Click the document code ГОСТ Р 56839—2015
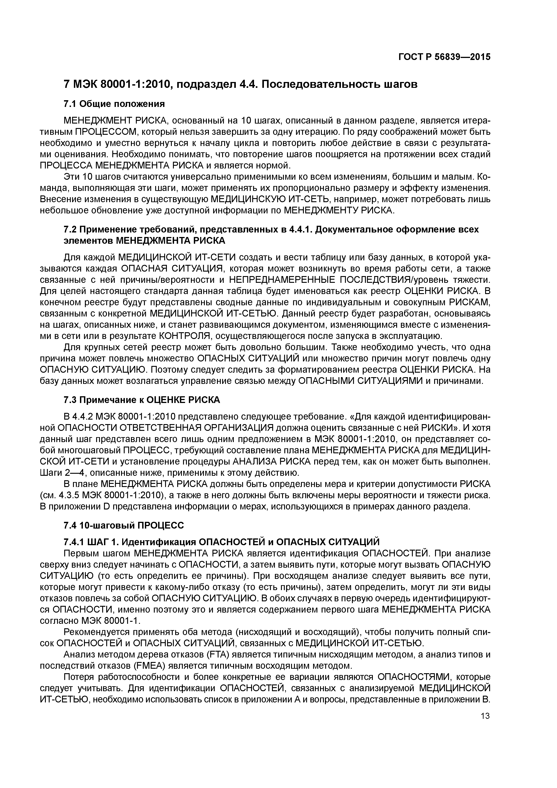tap(444, 57)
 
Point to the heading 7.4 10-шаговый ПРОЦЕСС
tap(124, 525)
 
